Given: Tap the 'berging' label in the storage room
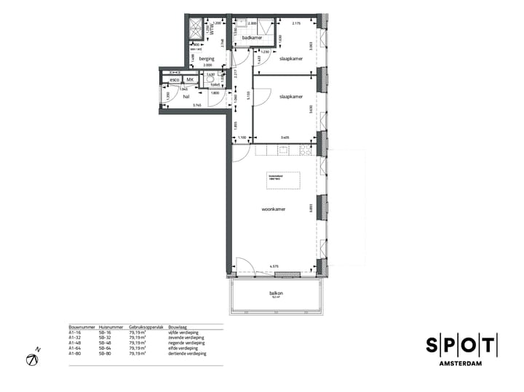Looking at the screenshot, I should (x=207, y=58).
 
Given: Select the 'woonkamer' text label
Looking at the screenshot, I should (x=273, y=209).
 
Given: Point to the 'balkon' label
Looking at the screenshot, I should (x=276, y=294).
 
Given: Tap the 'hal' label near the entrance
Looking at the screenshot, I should (x=186, y=96).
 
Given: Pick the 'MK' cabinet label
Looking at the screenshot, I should (x=190, y=80).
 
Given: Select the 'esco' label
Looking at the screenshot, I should (x=175, y=80).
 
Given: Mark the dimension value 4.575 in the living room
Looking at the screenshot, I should (x=275, y=267).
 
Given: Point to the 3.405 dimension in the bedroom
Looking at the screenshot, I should (x=285, y=137).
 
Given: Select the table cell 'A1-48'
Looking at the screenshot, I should (x=74, y=343).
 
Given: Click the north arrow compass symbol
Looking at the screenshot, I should (x=33, y=359).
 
